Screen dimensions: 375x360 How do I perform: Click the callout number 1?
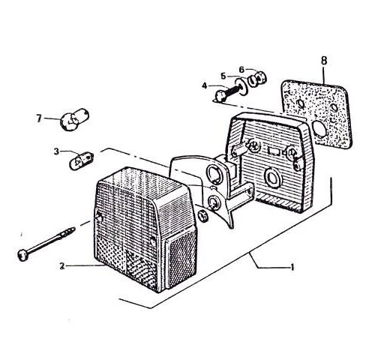[x=292, y=268]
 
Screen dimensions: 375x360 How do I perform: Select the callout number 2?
[x=62, y=266]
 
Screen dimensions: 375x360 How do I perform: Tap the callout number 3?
[x=56, y=151]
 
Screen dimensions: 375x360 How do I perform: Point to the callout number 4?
[x=205, y=86]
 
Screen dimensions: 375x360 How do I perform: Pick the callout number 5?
[x=223, y=76]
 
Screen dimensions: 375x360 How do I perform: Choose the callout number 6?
[x=241, y=70]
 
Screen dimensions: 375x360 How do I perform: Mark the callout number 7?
[x=39, y=118]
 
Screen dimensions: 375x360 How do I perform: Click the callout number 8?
[x=324, y=61]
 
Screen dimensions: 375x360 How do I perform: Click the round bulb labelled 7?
[x=74, y=119]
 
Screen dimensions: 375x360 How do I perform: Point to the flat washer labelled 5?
[x=241, y=86]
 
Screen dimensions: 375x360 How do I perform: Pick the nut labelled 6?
[x=256, y=78]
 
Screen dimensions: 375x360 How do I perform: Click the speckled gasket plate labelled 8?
[x=317, y=114]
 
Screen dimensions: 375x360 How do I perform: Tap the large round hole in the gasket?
[x=319, y=130]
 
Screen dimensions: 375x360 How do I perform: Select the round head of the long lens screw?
[x=22, y=255]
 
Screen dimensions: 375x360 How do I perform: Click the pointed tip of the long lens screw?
[x=74, y=228]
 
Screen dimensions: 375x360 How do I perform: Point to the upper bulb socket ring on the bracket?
[x=213, y=174]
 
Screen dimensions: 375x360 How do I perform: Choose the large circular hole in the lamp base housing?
[x=272, y=178]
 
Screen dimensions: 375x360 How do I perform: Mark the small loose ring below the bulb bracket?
[x=203, y=215]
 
